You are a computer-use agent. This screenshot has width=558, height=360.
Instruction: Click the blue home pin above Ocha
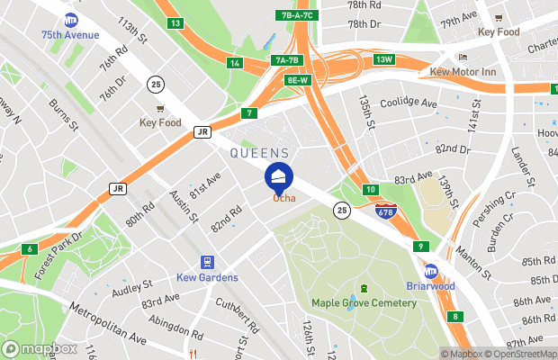(279, 175)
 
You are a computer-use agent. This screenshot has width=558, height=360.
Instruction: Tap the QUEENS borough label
(260, 153)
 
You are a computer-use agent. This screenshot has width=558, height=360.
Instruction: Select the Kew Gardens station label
(207, 277)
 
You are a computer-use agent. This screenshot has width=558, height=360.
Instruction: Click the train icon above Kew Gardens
(208, 262)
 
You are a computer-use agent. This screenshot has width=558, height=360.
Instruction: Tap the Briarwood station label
(431, 287)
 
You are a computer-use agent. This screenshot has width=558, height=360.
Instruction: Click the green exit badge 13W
(385, 59)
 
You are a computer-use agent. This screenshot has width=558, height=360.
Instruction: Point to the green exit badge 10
(370, 189)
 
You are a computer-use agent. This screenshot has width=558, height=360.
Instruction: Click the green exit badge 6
(30, 249)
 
